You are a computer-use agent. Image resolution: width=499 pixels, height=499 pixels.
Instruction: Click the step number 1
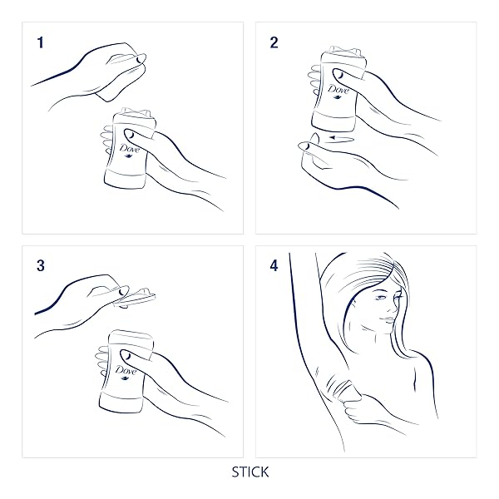click(39, 42)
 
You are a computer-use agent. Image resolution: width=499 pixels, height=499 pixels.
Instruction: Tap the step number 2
click(274, 42)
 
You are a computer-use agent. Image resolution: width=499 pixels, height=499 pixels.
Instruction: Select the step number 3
click(40, 266)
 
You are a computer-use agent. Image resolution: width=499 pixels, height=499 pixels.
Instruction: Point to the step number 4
click(274, 267)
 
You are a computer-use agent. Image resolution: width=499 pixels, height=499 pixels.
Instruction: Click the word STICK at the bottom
click(249, 472)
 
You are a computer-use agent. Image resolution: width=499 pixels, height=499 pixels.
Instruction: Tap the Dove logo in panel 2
click(337, 92)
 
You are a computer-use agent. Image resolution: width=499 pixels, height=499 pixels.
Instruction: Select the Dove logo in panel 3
click(127, 372)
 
